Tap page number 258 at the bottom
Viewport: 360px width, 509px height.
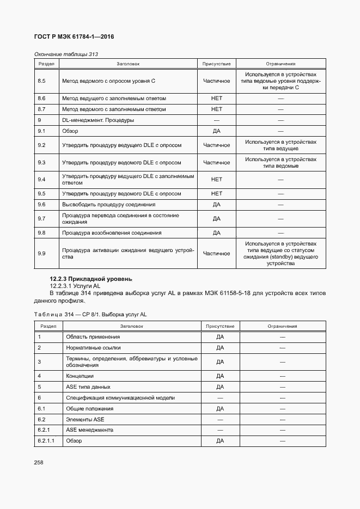pyautogui.click(x=39, y=462)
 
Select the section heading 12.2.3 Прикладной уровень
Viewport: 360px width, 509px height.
pyautogui.click(x=90, y=279)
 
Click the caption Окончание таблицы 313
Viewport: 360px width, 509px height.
pyautogui.click(x=66, y=54)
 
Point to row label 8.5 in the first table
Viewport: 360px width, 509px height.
pyautogui.click(x=41, y=81)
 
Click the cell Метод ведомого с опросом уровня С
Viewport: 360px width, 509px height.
pyautogui.click(x=109, y=81)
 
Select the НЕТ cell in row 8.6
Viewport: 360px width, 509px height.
pyautogui.click(x=216, y=99)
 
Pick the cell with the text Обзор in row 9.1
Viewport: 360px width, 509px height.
pyautogui.click(x=70, y=131)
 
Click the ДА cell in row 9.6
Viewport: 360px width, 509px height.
pyautogui.click(x=216, y=205)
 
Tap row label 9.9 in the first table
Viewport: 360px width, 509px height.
pyautogui.click(x=41, y=253)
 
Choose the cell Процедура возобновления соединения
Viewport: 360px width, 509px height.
pyautogui.click(x=112, y=233)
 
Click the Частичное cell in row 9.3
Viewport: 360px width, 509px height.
pyautogui.click(x=216, y=163)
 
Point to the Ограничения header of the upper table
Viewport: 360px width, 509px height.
pyautogui.click(x=280, y=64)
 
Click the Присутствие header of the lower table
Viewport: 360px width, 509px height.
pyautogui.click(x=219, y=326)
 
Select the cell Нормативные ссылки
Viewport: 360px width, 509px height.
pyautogui.click(x=93, y=347)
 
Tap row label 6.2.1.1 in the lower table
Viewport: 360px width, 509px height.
pyautogui.click(x=46, y=441)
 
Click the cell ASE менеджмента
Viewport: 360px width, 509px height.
pyautogui.click(x=89, y=430)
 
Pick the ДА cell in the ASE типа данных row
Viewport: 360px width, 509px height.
pyautogui.click(x=220, y=387)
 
